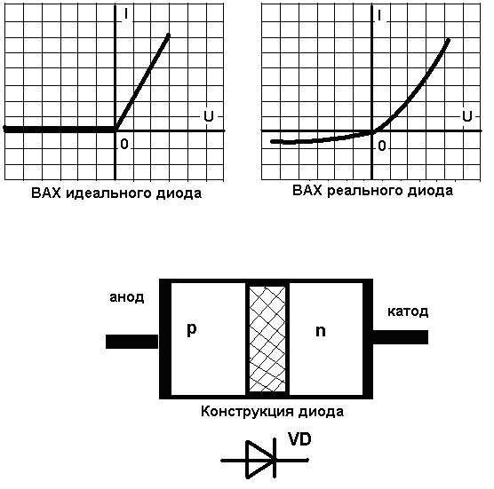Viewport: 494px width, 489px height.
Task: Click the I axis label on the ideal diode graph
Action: (x=125, y=13)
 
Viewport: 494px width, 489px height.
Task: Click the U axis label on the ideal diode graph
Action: (x=208, y=116)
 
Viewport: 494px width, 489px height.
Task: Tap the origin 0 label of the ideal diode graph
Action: (x=124, y=144)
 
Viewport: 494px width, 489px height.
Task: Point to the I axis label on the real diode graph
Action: (x=379, y=15)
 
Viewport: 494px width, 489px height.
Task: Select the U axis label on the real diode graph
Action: (x=467, y=116)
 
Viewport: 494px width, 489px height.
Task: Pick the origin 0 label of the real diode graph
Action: (x=382, y=146)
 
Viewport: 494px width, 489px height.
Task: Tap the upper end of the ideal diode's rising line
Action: (x=169, y=35)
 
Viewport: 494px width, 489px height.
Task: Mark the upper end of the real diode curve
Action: (x=449, y=40)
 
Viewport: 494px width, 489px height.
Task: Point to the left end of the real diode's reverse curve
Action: (x=273, y=142)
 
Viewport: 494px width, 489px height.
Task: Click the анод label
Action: (x=127, y=297)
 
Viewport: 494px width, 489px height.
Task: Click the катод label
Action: (x=408, y=312)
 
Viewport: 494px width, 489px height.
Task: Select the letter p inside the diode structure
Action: (x=192, y=329)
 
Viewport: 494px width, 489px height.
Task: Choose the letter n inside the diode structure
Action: (x=321, y=331)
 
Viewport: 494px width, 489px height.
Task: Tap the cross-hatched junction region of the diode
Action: (x=267, y=339)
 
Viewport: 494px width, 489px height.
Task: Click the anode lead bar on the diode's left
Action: (x=131, y=342)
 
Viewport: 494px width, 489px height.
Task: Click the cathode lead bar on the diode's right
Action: (x=401, y=337)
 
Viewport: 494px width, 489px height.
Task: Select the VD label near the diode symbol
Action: (x=299, y=439)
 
